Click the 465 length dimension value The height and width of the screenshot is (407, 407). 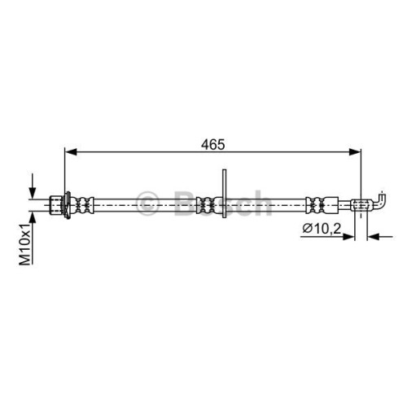coord(212,144)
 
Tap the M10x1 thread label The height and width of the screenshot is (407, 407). coord(25,244)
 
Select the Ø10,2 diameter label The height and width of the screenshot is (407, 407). coord(322,229)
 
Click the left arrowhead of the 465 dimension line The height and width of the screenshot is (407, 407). coord(71,152)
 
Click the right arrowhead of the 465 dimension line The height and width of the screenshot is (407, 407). coord(355,152)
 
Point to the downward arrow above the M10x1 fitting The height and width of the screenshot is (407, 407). coord(33,186)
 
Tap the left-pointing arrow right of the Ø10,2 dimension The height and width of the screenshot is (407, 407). coord(379,237)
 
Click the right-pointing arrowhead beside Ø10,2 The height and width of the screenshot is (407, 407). coord(348,237)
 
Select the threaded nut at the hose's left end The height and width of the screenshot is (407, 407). coord(56,205)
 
